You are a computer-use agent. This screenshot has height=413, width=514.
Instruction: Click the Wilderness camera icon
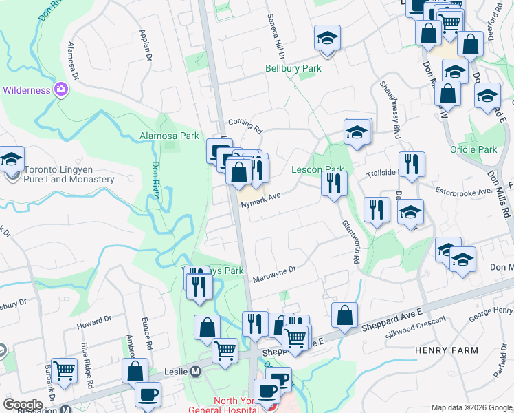point(60,89)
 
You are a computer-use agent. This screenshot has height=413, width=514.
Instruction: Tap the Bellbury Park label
point(293,68)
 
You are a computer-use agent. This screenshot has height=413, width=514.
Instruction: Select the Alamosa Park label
point(169,136)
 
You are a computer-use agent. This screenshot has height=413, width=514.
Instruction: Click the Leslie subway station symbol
point(195,371)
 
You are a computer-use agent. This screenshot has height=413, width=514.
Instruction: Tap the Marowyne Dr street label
point(273,275)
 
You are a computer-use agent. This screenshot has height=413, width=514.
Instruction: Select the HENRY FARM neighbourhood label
point(447,350)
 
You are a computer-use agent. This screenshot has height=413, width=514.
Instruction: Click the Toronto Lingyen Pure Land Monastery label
point(69,174)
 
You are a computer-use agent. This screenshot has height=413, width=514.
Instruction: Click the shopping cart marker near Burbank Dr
point(64,370)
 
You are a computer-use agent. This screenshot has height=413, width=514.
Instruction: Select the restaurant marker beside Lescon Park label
point(334,184)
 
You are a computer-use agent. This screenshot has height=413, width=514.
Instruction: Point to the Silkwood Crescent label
point(416,326)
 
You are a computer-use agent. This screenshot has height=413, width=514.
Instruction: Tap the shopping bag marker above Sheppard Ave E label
point(344,315)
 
